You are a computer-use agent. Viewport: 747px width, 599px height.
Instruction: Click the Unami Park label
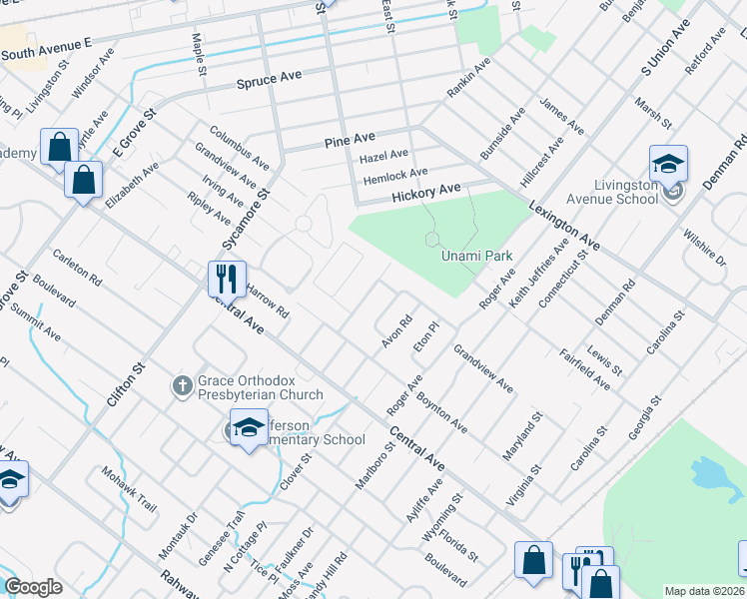point(477,257)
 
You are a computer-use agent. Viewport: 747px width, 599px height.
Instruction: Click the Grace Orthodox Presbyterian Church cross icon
point(182,384)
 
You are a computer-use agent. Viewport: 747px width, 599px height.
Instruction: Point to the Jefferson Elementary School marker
point(248,427)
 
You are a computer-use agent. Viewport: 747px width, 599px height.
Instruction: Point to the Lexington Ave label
point(567,215)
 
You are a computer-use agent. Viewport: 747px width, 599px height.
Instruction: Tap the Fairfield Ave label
point(584,368)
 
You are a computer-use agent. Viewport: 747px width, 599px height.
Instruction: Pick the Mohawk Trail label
point(129,488)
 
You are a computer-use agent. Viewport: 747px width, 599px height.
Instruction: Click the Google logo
point(33,587)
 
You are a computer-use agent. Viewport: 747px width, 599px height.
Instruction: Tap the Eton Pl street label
point(426,339)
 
